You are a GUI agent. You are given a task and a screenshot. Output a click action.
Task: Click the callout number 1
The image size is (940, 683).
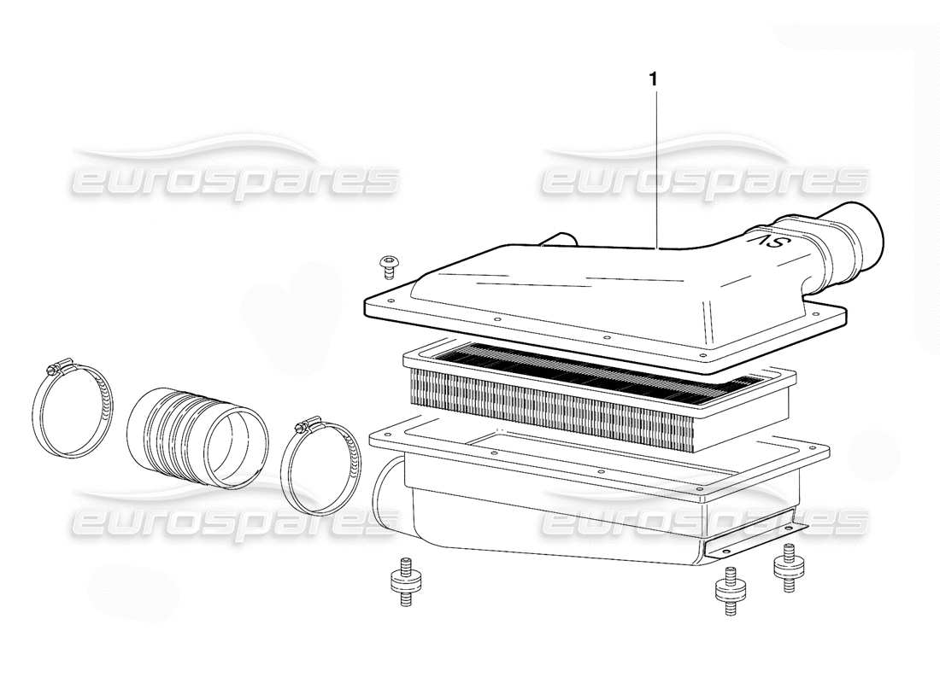click(x=654, y=79)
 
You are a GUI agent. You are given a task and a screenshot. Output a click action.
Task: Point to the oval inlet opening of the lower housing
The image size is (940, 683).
click(x=386, y=494)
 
